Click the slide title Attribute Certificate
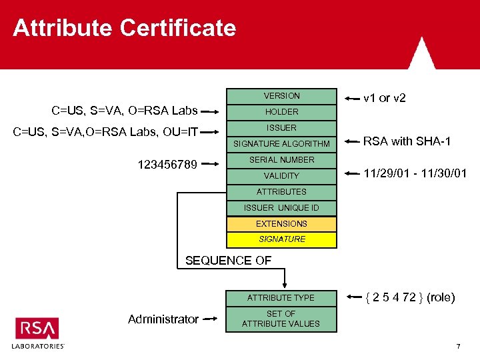coord(124,28)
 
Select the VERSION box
coord(282,96)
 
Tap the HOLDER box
coord(282,112)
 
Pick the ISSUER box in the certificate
coord(282,128)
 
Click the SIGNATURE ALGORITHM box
coord(282,144)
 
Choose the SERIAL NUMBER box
coord(282,160)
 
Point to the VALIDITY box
coord(282,176)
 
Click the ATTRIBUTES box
coord(282,192)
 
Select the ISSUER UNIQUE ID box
coord(282,208)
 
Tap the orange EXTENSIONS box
coord(282,224)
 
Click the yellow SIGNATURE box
coord(282,239)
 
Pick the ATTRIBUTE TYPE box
coord(281,298)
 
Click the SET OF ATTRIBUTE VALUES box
coord(281,319)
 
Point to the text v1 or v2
coord(385,98)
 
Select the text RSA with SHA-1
coord(407,141)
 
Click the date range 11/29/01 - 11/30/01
coord(415,174)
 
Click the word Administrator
coord(163,319)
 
